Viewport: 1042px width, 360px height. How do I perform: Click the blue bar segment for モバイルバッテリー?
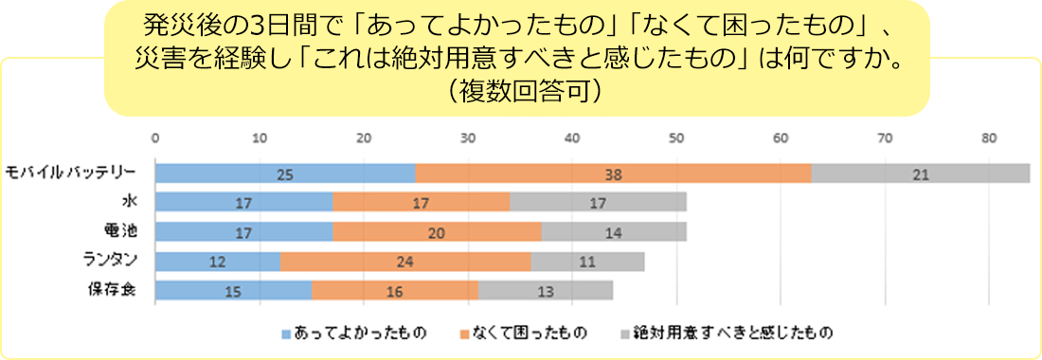point(285,173)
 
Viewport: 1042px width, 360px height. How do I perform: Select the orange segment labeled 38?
point(613,173)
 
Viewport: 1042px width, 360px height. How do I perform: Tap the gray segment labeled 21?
point(920,173)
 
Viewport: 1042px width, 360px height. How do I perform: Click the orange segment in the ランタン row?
point(405,261)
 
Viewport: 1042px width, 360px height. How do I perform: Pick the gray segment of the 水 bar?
point(598,203)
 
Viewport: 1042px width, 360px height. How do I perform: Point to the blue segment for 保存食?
point(233,291)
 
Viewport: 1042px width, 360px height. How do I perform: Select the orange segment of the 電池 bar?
point(437,232)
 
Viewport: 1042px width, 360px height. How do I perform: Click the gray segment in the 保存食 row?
point(545,291)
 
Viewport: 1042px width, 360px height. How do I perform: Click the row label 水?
point(130,201)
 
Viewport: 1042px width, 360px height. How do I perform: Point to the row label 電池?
point(120,230)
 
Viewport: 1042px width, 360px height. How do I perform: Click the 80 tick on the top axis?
point(989,138)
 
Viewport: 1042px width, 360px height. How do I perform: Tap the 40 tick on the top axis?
point(572,138)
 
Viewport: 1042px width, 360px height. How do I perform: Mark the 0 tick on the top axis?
point(155,138)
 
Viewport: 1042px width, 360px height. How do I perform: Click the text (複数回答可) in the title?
point(516,92)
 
